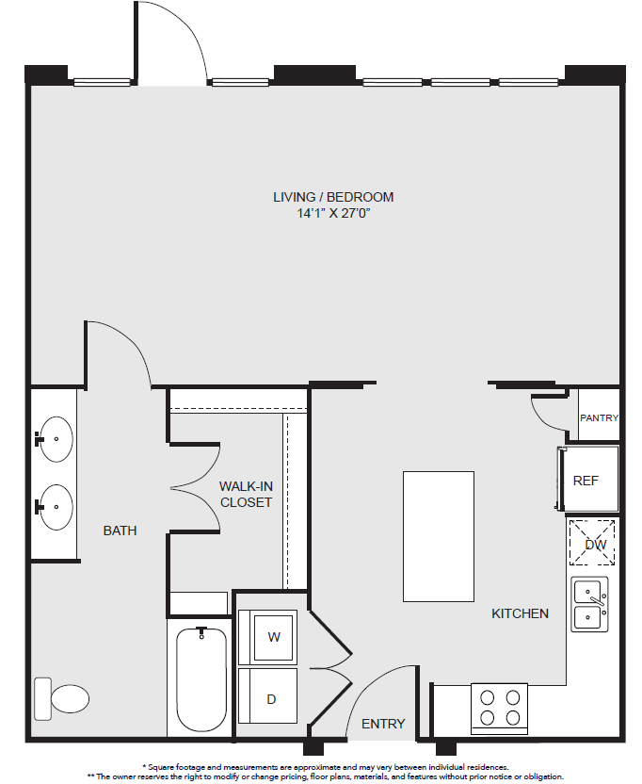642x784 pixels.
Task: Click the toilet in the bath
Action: pos(61,698)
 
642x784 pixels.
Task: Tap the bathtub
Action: pos(201,679)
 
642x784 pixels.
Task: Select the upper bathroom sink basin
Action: pos(56,439)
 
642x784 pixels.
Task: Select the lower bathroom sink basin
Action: pos(56,507)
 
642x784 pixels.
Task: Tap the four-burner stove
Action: pos(499,709)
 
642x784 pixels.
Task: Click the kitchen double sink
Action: pos(589,605)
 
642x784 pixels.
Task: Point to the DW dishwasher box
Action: pos(592,543)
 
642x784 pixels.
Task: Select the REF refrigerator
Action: pos(588,480)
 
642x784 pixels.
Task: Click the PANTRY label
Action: pos(599,417)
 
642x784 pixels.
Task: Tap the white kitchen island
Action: pos(439,536)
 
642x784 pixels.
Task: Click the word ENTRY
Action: pos(383,724)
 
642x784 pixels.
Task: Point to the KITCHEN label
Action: pos(520,613)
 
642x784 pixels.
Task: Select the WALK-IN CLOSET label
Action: pos(246,494)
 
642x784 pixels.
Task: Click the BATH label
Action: pos(120,531)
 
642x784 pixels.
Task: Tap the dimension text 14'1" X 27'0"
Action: pos(333,214)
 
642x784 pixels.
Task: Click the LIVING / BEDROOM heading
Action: pos(333,197)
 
